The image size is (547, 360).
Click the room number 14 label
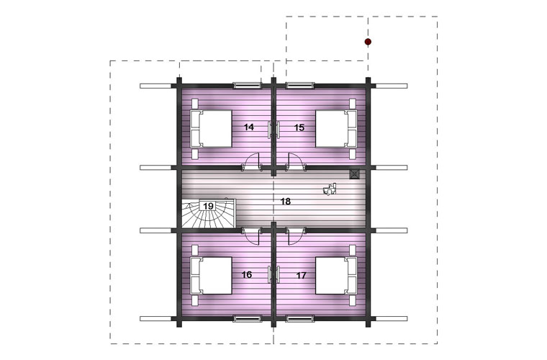249,127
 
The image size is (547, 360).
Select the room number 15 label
299,127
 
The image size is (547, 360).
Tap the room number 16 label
247,275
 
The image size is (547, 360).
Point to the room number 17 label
301,276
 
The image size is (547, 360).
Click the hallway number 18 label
285,202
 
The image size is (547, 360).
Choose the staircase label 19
208,206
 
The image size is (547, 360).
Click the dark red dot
368,42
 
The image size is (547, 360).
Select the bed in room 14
211,129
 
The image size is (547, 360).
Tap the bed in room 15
336,129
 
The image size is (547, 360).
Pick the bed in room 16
211,276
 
